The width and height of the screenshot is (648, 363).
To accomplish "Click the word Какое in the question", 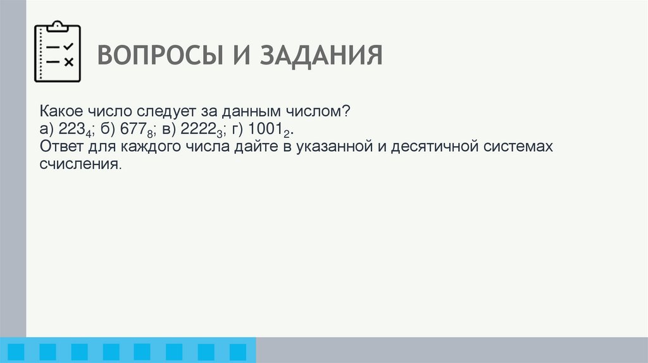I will point(60,111).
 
